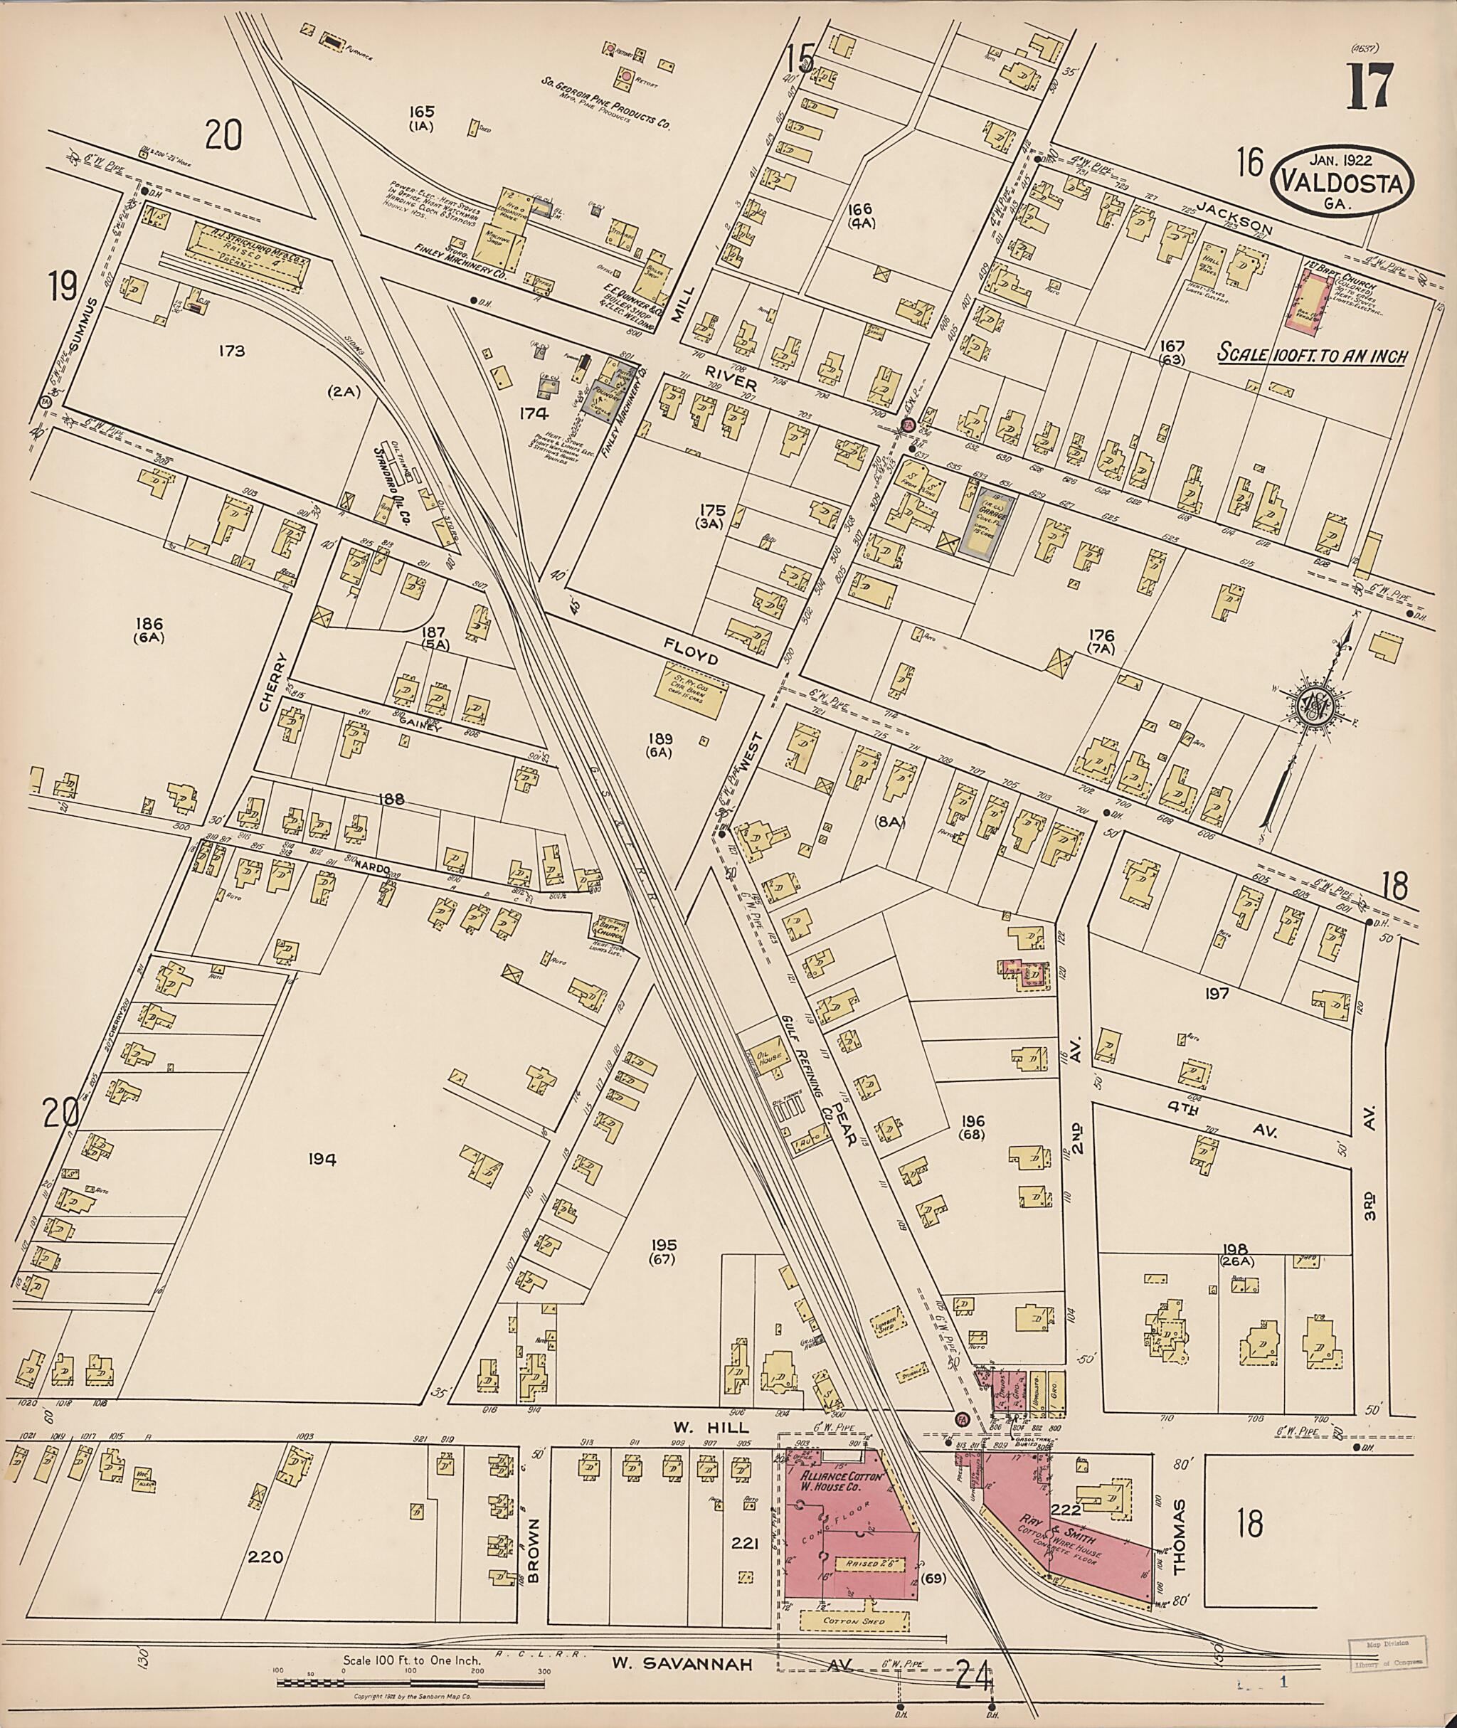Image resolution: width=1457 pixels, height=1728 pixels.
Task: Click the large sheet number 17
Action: point(1370,85)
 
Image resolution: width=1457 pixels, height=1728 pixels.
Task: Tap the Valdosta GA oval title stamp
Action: point(1343,184)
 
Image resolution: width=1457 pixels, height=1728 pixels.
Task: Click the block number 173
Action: point(232,351)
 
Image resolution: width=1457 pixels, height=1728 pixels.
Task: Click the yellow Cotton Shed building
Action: point(854,1620)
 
